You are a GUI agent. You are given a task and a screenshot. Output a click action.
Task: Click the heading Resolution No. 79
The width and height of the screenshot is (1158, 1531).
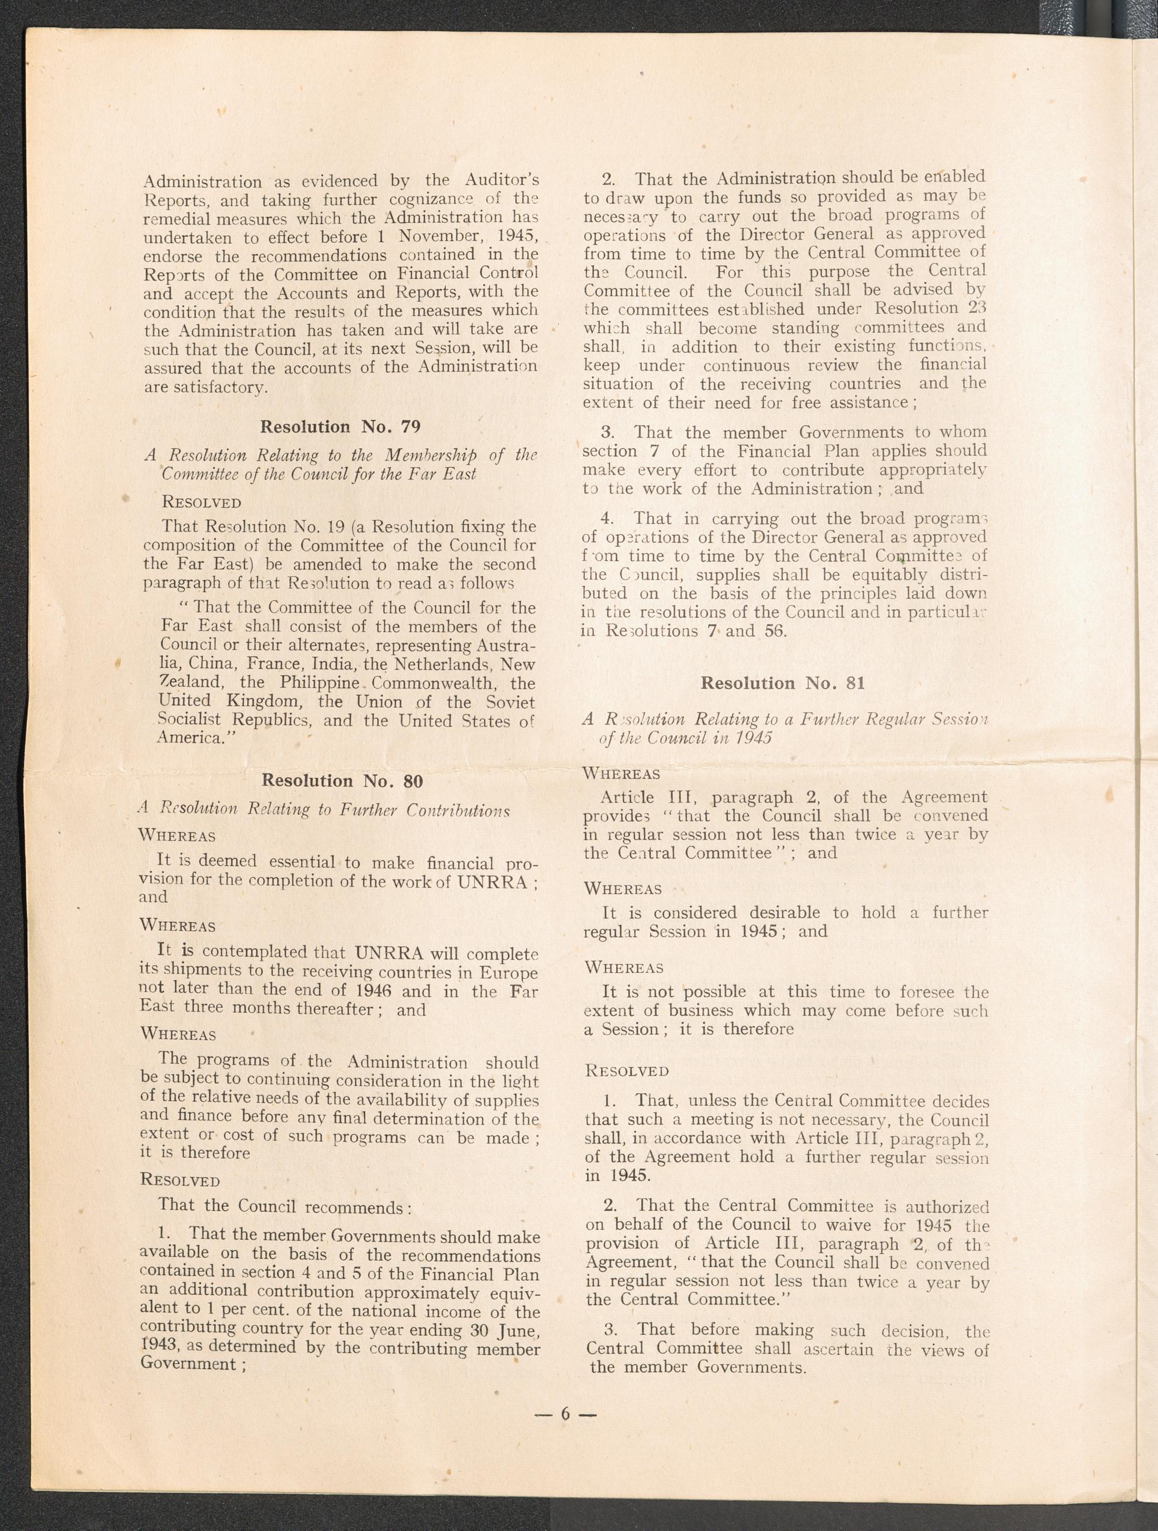click(x=340, y=427)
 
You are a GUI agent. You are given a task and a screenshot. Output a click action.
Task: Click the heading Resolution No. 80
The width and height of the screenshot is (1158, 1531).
click(x=342, y=781)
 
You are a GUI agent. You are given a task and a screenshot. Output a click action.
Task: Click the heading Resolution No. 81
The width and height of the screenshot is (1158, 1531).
click(x=783, y=683)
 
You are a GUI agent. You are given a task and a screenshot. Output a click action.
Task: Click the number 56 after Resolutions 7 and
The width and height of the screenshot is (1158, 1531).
click(x=773, y=631)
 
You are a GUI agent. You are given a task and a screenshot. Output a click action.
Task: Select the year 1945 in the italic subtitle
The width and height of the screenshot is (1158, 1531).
click(x=753, y=738)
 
